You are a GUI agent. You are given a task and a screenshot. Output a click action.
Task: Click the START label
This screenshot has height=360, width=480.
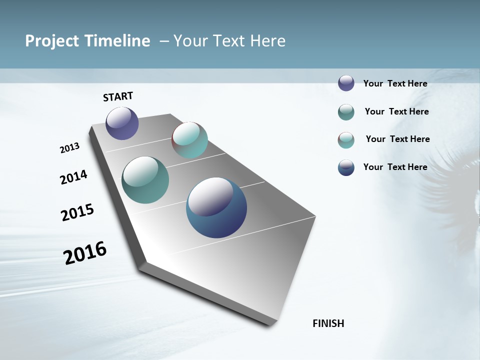118,96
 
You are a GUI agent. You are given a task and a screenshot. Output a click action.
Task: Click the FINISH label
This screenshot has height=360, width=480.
328,323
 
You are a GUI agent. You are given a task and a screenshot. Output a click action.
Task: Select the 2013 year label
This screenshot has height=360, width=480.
69,148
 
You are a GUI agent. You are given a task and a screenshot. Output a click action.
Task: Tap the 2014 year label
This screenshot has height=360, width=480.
73,177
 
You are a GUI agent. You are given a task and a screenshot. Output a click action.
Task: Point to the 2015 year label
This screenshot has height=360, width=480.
77,212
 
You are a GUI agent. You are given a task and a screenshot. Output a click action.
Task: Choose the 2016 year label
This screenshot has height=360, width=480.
84,252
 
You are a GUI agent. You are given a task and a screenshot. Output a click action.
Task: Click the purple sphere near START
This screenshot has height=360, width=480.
122,123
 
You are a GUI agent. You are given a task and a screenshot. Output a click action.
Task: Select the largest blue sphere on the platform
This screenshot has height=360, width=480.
216,207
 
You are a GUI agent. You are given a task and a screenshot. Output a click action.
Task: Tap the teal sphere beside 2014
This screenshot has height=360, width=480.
145,180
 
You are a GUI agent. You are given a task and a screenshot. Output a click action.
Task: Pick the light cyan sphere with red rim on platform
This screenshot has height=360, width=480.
189,140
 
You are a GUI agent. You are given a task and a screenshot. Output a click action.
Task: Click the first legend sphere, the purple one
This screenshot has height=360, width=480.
346,83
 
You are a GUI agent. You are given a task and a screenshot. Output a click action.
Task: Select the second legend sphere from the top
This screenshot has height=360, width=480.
346,112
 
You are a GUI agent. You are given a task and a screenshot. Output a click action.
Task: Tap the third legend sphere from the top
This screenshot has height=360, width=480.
346,140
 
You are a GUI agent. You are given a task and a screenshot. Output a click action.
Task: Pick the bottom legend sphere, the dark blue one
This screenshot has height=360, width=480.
346,167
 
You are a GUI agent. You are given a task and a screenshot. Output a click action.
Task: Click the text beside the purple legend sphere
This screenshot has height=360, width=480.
395,83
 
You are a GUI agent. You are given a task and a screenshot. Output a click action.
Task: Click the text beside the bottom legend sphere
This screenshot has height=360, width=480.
395,167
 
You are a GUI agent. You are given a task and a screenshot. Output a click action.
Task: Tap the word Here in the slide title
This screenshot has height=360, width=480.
267,41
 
